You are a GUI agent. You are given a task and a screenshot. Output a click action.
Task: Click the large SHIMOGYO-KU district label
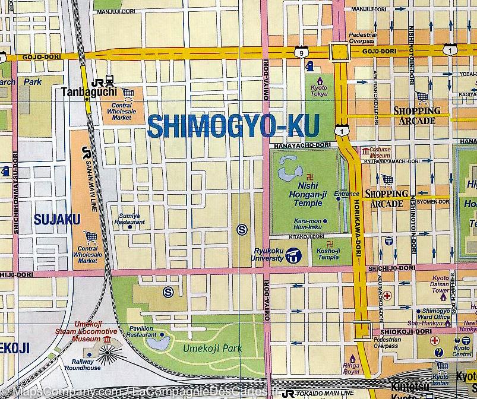[x=232, y=125]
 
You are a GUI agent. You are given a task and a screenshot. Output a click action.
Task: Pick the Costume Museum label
[x=380, y=153]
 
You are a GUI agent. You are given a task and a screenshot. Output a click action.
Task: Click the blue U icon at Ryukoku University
[x=292, y=257]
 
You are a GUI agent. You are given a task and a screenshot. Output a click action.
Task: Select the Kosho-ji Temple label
[x=328, y=254]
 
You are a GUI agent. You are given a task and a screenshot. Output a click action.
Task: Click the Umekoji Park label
[x=207, y=349]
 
